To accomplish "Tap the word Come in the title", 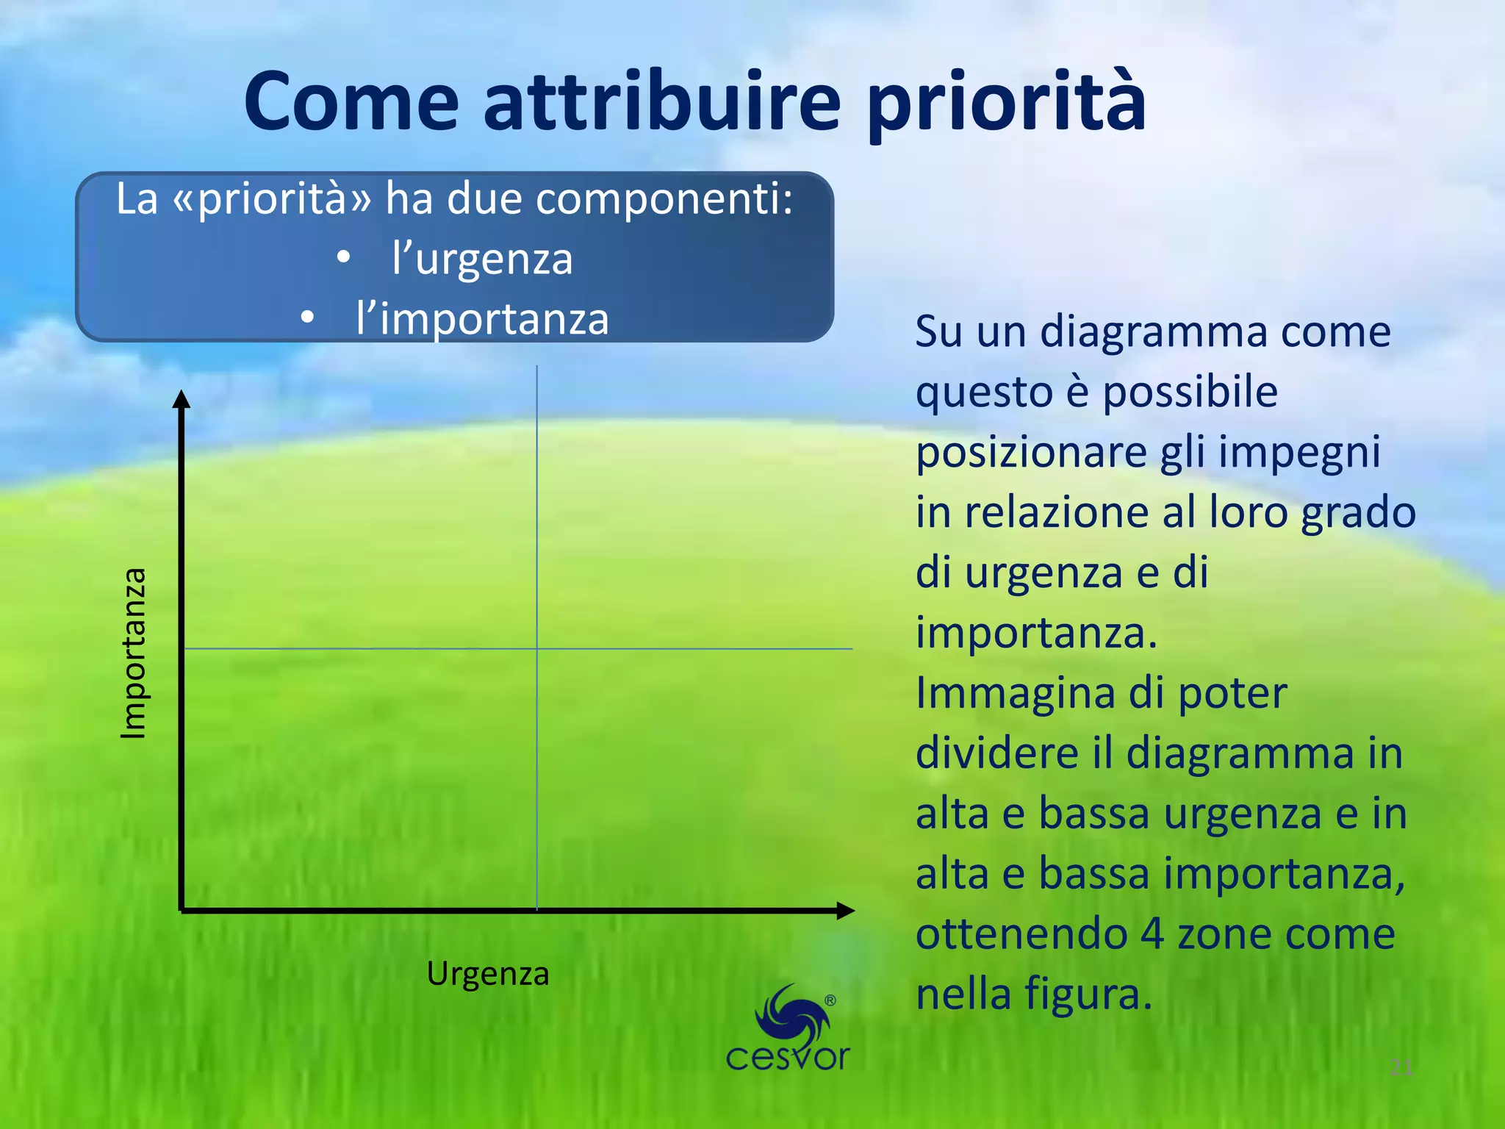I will tap(351, 103).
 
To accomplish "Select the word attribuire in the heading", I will tap(661, 103).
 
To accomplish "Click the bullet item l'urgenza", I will tap(481, 259).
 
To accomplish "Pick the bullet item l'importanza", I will tap(481, 319).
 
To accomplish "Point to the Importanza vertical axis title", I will tap(134, 653).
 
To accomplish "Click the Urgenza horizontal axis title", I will tap(488, 974).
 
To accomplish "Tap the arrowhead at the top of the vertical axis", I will tap(182, 399).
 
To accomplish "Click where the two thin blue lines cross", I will tap(537, 648).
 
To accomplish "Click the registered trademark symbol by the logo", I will tap(830, 1000).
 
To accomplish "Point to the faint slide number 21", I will tap(1401, 1067).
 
